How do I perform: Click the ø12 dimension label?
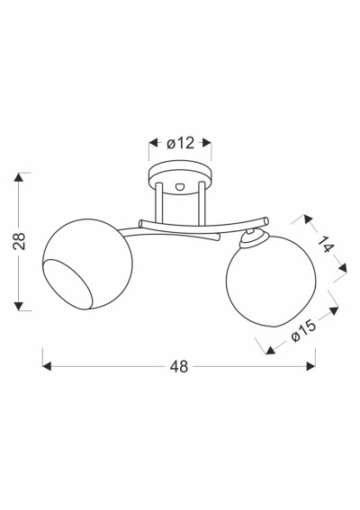[x=180, y=143]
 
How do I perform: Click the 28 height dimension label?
[x=19, y=241]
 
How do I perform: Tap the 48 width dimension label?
[x=179, y=367]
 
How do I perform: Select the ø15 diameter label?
[x=303, y=331]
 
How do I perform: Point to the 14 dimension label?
[x=326, y=245]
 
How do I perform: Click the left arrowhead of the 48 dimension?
[x=47, y=367]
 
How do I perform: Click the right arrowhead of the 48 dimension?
[x=310, y=367]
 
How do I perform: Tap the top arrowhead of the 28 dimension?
[x=19, y=177]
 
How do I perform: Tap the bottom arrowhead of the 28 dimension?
[x=19, y=306]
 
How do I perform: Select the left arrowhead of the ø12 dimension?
[x=154, y=143]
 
